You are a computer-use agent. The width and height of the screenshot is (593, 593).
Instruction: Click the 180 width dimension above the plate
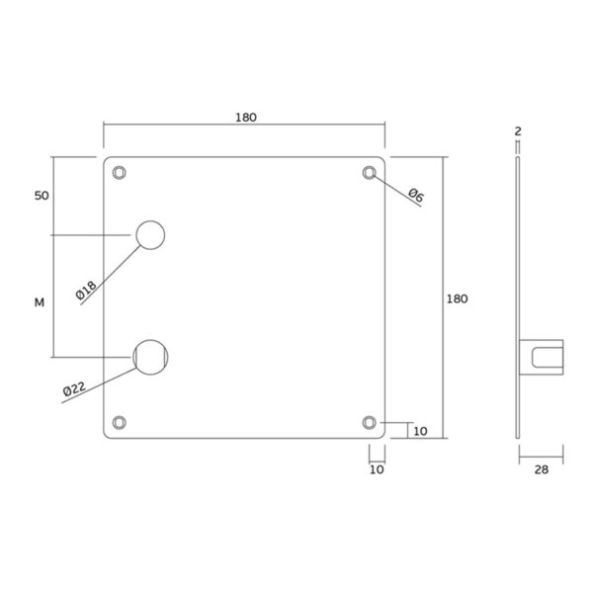click(245, 118)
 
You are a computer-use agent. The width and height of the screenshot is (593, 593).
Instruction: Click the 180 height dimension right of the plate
click(457, 298)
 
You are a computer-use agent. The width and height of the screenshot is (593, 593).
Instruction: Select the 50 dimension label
click(42, 196)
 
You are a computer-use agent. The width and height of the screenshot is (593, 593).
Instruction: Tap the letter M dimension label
click(40, 302)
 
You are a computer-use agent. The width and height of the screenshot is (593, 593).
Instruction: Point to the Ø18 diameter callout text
click(86, 290)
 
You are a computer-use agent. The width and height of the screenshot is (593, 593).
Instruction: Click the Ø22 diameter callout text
click(75, 386)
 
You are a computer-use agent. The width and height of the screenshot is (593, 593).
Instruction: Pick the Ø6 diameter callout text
click(415, 197)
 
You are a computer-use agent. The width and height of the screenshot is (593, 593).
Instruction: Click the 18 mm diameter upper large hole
click(150, 234)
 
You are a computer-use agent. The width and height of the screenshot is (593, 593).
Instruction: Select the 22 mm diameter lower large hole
click(150, 356)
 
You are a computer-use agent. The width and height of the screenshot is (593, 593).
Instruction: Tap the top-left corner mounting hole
click(120, 172)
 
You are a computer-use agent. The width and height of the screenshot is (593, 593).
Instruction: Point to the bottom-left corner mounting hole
click(120, 422)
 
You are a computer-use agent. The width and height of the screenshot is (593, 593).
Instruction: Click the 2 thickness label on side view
click(516, 130)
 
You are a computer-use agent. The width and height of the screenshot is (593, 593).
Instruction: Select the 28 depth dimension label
click(541, 469)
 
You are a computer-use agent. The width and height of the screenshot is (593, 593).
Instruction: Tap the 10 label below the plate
click(377, 469)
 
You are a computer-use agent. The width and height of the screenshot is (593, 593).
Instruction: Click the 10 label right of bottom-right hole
click(420, 432)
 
